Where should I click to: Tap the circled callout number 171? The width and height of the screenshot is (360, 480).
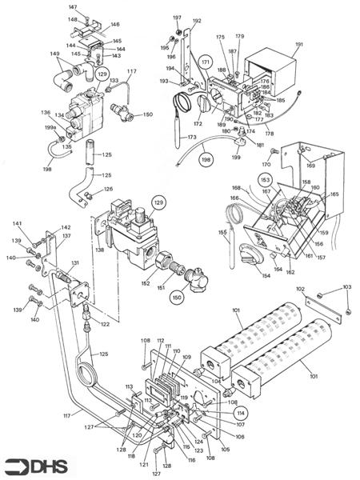tap(206, 62)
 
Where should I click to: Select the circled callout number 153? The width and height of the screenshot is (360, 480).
tap(265, 180)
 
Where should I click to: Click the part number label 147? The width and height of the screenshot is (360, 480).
tap(72, 6)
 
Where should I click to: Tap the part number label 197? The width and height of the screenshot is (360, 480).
tap(178, 18)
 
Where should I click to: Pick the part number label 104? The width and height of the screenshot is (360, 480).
tap(216, 382)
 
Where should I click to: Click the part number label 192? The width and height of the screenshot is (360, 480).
tap(197, 21)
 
